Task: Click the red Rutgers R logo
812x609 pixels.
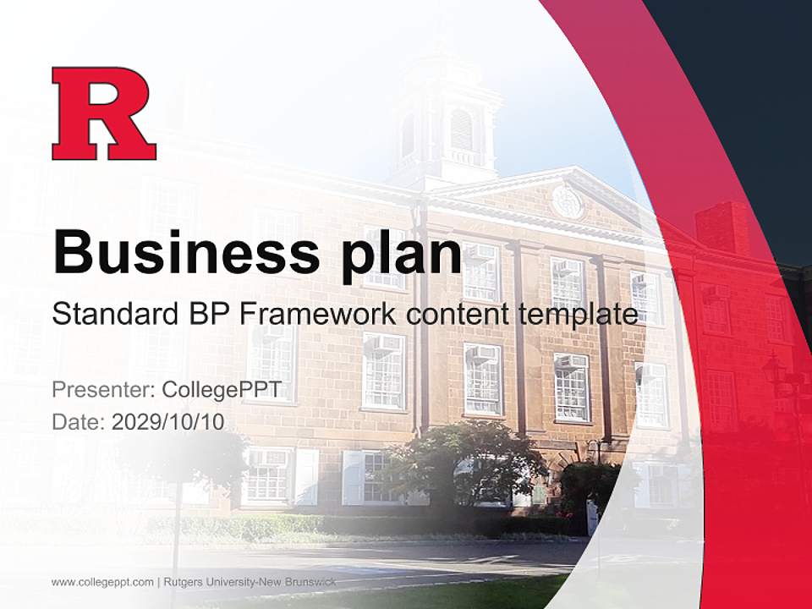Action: pos(104,113)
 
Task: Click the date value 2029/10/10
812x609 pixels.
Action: pos(168,421)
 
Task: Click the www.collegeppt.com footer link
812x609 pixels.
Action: pos(102,582)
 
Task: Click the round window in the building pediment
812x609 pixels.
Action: pos(566,201)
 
